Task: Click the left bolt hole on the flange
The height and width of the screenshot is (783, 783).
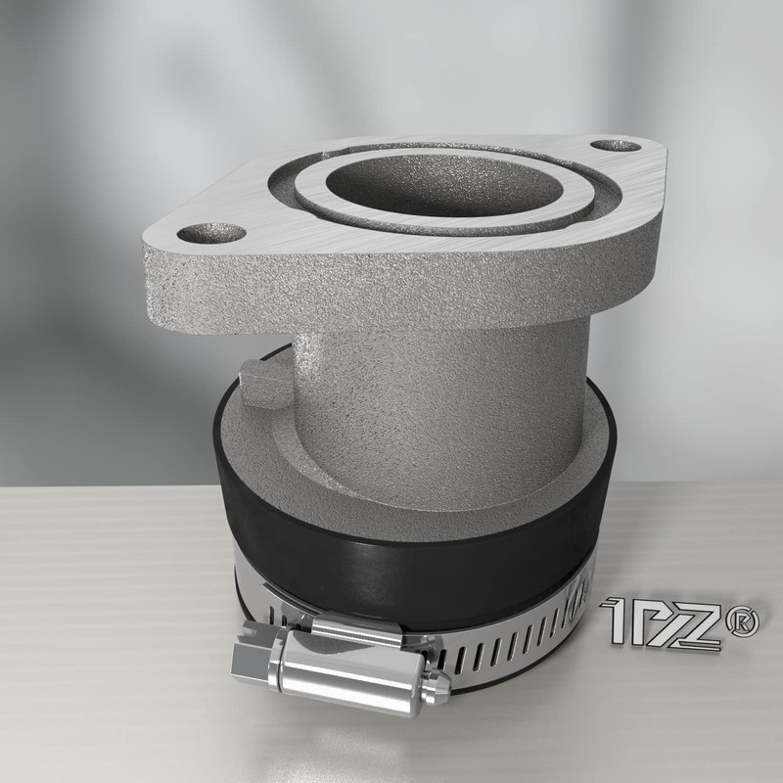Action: [x=211, y=233]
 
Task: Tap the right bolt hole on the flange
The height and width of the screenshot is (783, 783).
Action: [x=616, y=146]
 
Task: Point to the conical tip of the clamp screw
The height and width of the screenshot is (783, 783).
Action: [x=437, y=685]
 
